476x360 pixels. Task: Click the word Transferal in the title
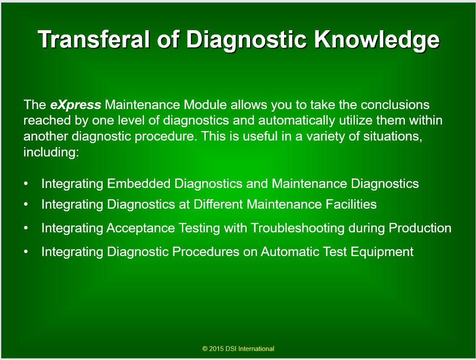point(94,39)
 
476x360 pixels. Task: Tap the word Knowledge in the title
point(376,41)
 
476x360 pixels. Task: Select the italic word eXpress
point(75,105)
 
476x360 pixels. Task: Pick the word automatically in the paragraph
point(297,121)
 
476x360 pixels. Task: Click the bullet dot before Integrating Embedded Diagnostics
point(26,184)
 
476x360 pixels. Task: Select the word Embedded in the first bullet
point(139,184)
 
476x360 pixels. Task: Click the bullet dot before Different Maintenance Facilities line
point(26,204)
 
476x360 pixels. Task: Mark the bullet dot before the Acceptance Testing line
point(26,228)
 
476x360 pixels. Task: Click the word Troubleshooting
point(297,228)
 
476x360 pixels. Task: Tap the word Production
point(420,228)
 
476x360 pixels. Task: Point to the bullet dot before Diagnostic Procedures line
point(26,252)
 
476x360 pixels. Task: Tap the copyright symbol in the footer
point(205,349)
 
